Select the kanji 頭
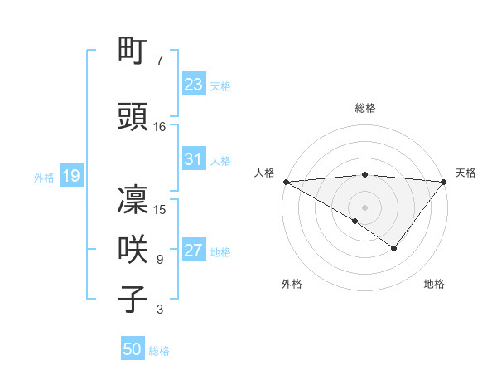[x=133, y=119]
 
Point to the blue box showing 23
[x=193, y=85]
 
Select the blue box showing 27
[x=193, y=251]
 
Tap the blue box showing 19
[x=70, y=176]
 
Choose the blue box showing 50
[x=133, y=349]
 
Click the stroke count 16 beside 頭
[x=160, y=127]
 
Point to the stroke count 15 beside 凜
[x=160, y=210]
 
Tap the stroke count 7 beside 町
[x=160, y=61]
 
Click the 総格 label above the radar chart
[x=364, y=109]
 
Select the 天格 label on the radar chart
[x=466, y=173]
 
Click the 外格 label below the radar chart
[x=292, y=285]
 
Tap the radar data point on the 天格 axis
[x=444, y=182]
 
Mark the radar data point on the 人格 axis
[x=286, y=182]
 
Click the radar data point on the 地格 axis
[x=394, y=248]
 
